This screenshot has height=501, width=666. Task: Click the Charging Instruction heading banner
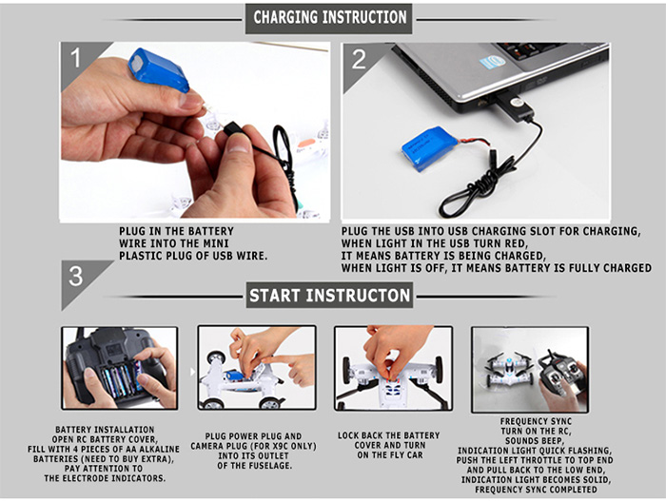[x=328, y=18]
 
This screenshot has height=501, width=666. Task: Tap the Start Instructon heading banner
[x=329, y=295]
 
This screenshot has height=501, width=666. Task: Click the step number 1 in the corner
[x=75, y=58]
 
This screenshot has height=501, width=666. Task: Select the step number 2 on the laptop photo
[x=359, y=59]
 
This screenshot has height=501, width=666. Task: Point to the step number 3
[x=75, y=276]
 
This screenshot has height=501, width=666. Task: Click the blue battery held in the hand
[x=159, y=69]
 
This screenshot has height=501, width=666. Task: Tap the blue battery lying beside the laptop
[x=430, y=148]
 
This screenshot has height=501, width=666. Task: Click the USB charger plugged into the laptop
[x=514, y=106]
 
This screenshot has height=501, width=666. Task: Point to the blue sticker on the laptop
[x=493, y=62]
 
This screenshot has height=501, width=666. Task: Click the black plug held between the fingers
[x=234, y=127]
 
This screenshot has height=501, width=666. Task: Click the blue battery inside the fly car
[x=234, y=376]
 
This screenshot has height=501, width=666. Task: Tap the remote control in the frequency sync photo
[x=562, y=374]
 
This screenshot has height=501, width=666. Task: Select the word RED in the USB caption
[x=516, y=243]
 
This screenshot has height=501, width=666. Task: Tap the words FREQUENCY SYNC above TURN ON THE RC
[x=536, y=421]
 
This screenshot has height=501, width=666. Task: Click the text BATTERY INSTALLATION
[x=105, y=430]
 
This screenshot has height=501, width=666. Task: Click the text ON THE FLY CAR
[x=390, y=455]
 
